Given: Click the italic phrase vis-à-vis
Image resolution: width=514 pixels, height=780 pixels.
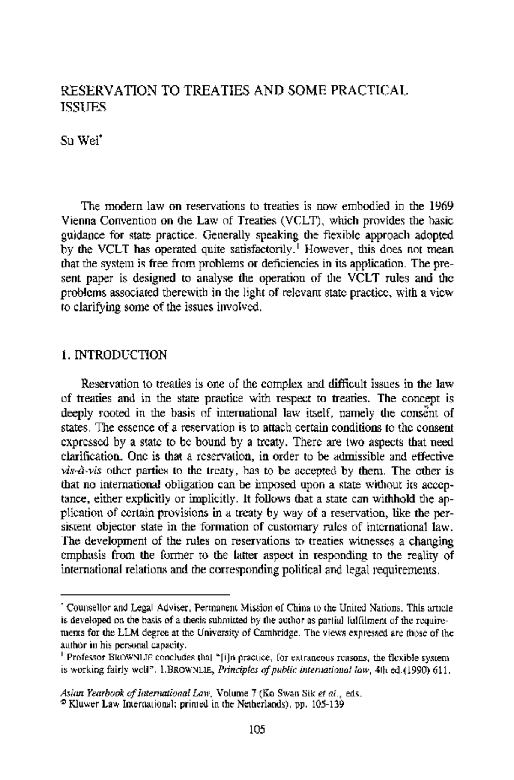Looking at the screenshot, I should pos(77,471).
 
